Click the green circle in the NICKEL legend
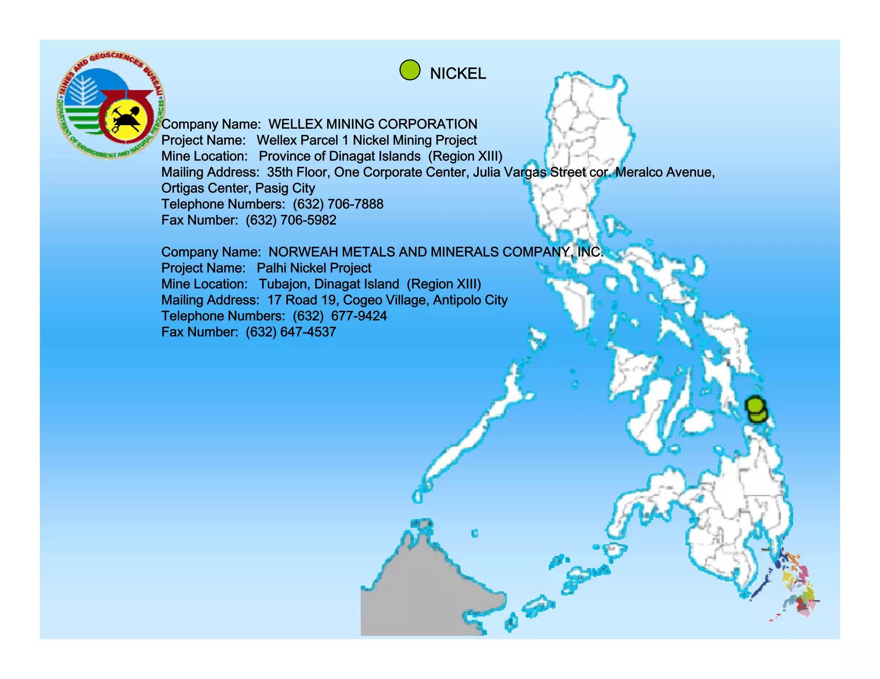point(409,70)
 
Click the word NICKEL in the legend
point(458,74)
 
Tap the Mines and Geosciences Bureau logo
point(110,106)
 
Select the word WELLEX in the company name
point(295,124)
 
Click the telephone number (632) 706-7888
point(338,204)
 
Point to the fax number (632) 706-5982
point(291,220)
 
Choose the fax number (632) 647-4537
point(291,332)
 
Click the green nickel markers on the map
point(756,409)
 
